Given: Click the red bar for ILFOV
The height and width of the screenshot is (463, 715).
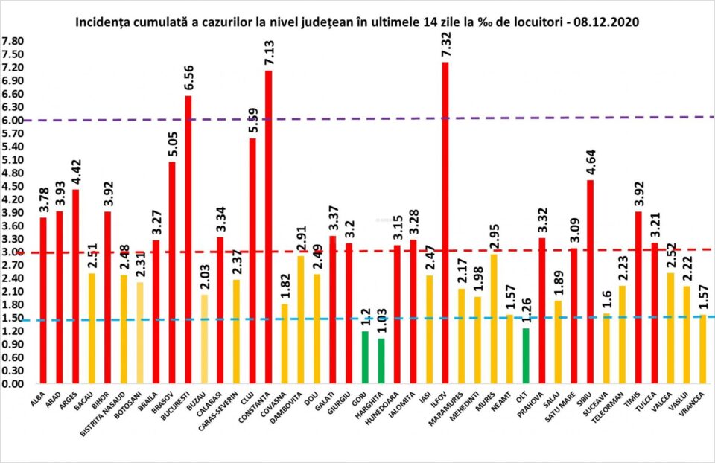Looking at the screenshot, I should pos(445,223).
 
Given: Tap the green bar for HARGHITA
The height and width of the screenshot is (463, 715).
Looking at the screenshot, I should pos(381,361).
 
